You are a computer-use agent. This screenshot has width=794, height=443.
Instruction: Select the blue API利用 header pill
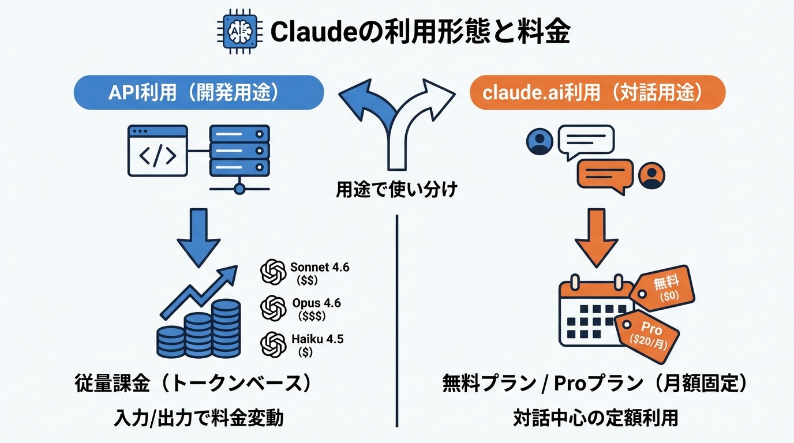point(198,93)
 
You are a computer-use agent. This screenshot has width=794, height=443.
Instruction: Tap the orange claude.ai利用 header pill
point(597,93)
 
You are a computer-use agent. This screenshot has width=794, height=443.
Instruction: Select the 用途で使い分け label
point(397,189)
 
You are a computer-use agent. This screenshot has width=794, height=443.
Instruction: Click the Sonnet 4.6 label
point(319,268)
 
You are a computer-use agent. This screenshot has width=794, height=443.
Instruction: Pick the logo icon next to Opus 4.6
point(273,308)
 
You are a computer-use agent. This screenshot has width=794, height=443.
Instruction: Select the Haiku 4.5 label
point(317,339)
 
